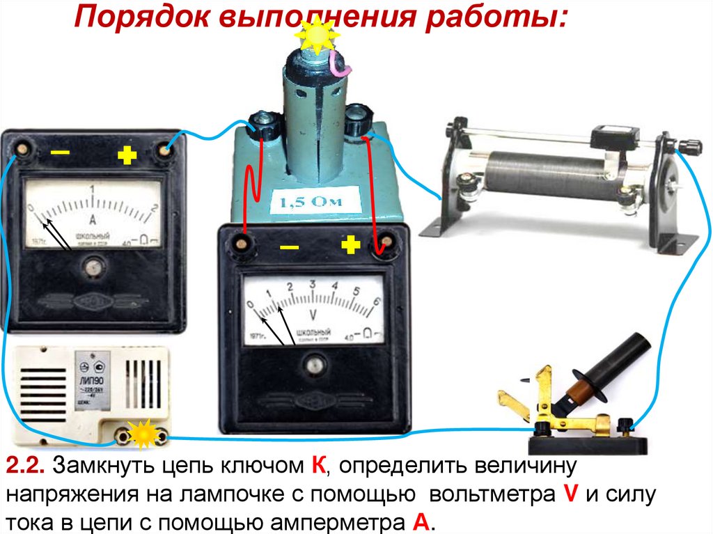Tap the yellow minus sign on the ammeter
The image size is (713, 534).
pyautogui.click(x=61, y=152)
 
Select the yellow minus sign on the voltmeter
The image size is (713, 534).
pyautogui.click(x=288, y=248)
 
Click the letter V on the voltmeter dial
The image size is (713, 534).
pyautogui.click(x=312, y=313)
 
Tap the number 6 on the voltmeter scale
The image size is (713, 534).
pyautogui.click(x=377, y=301)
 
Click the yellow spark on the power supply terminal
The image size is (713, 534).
pyautogui.click(x=144, y=436)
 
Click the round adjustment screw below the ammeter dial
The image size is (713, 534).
pyautogui.click(x=92, y=265)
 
